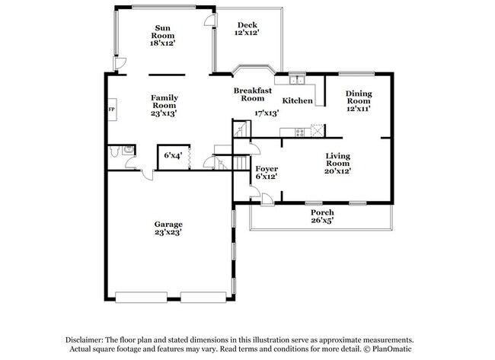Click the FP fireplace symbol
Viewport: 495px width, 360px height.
111,107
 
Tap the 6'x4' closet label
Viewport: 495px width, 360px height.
173,155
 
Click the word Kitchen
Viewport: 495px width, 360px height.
297,100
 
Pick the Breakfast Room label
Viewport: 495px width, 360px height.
252,94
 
